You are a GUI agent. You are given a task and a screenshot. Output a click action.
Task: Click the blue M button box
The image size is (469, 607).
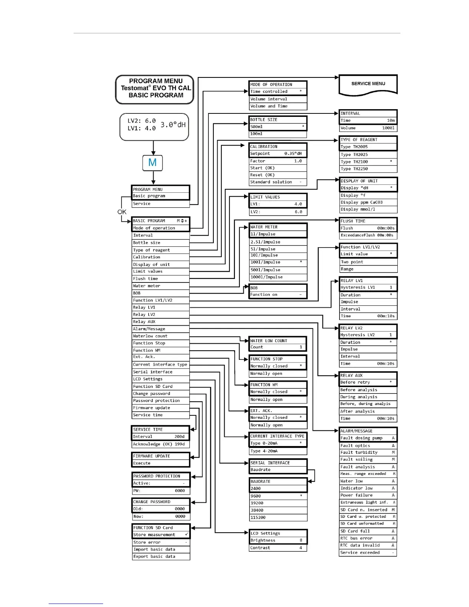pos(153,163)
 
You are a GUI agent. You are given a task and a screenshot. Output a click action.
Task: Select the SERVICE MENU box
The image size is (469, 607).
pos(368,84)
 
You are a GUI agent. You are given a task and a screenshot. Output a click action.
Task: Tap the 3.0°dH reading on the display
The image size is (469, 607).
pos(173,125)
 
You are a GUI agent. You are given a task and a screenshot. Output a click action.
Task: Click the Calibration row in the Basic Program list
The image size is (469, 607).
pos(161,257)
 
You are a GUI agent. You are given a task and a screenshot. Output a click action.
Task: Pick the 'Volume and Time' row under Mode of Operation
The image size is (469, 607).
pos(278,106)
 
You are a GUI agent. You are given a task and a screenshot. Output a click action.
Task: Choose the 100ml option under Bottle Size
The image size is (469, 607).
pos(278,134)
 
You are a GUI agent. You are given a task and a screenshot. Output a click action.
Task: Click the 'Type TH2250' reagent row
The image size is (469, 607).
pos(368,169)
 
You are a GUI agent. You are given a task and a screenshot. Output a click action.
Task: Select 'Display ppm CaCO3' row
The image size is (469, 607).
pos(368,202)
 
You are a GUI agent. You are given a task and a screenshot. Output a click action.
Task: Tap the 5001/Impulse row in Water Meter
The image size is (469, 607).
pos(278,270)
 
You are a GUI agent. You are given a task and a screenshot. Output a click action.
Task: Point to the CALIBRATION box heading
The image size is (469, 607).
pos(278,146)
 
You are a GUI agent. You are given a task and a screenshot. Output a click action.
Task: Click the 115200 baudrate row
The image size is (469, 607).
pos(278,517)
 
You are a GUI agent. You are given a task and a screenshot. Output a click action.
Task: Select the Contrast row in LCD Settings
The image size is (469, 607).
pos(278,548)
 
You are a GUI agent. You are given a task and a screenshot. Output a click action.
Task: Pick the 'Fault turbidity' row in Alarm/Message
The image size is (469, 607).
pos(368,452)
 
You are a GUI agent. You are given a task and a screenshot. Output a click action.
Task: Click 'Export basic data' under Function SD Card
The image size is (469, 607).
pos(161,556)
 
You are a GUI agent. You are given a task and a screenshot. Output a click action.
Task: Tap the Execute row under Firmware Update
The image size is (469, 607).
pos(161,463)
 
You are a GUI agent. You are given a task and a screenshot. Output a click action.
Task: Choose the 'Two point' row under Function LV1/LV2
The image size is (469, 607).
pos(368,262)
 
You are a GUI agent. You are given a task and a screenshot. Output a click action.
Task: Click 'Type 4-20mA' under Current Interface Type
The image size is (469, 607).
pos(278,451)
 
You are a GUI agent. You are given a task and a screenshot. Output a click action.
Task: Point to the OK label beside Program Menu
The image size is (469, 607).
pos(122,212)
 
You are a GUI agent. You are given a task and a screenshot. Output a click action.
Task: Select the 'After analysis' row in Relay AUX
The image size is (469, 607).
pos(368,411)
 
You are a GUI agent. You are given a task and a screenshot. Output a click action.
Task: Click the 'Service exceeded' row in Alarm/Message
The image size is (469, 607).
pos(368,553)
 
